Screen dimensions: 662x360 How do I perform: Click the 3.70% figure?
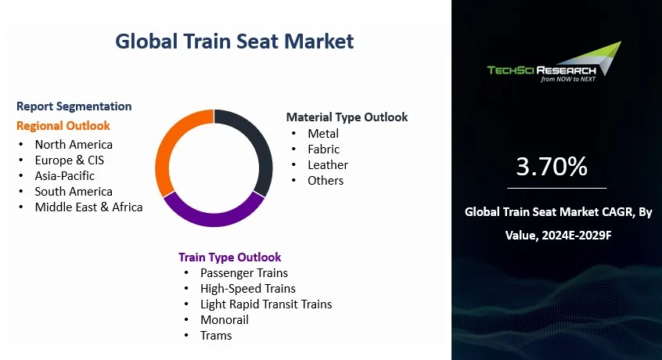(x=552, y=166)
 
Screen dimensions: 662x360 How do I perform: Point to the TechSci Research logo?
(x=554, y=63)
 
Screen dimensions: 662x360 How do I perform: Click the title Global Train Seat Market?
(x=234, y=41)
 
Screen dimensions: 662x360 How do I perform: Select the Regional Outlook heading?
(x=63, y=126)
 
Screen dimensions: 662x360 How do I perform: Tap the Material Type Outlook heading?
(x=347, y=117)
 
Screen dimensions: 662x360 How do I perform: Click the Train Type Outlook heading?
(x=230, y=257)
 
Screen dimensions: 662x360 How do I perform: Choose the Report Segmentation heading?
(x=74, y=106)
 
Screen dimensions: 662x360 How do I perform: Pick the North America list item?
(x=74, y=144)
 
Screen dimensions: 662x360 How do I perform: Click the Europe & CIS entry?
(x=69, y=160)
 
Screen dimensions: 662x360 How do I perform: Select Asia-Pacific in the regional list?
(x=65, y=175)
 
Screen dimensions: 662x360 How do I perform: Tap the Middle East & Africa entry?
(x=88, y=207)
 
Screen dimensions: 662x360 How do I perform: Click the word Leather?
(x=328, y=164)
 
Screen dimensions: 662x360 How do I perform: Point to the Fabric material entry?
(x=323, y=149)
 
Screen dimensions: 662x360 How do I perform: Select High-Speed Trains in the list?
(x=248, y=288)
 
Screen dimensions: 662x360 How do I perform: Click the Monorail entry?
(x=224, y=319)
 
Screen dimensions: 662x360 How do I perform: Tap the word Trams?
(x=216, y=335)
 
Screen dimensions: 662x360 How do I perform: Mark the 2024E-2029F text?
(x=576, y=235)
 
